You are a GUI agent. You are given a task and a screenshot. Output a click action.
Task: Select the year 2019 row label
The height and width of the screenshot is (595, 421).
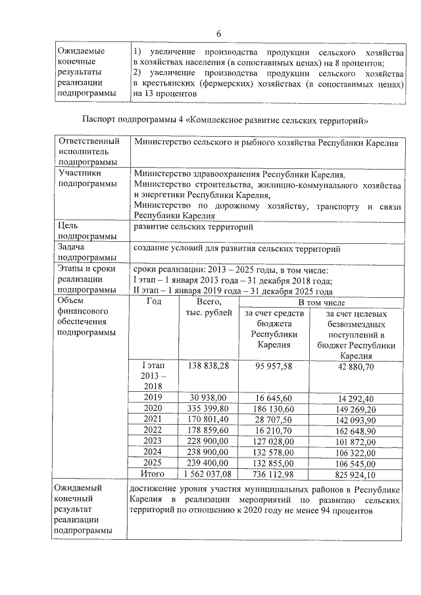pos(155,398)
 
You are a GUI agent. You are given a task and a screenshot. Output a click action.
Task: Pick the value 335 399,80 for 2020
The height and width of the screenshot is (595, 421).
pos(209,409)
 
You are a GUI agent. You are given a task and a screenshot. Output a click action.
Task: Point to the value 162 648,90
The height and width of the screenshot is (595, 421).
pos(356,431)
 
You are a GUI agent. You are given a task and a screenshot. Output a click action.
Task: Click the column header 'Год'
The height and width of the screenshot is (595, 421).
pos(155,302)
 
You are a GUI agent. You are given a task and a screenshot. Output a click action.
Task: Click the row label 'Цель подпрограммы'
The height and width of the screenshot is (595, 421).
pos(82,233)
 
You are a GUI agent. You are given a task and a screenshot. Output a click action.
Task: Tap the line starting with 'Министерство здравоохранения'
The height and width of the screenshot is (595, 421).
pos(238,174)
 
